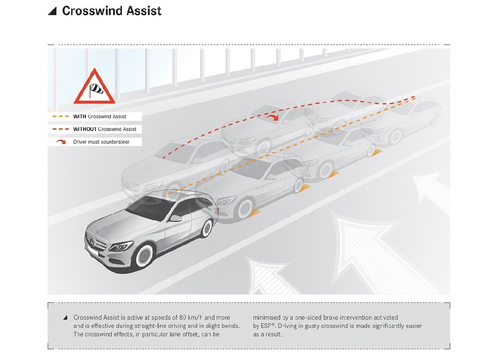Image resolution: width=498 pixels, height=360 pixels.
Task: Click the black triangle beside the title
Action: [x=52, y=11]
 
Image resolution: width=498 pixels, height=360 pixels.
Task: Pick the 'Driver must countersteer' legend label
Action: [x=101, y=142]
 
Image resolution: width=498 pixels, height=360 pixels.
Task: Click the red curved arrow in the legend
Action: [x=61, y=142]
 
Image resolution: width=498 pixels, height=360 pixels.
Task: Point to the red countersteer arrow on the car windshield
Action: [x=272, y=118]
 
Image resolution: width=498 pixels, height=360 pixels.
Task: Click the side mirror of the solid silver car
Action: [x=176, y=218]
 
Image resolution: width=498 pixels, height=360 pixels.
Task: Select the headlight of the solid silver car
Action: [x=120, y=246]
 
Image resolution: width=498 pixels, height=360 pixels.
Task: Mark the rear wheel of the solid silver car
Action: [x=206, y=229]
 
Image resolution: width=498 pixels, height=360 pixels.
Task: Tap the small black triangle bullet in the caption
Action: [x=65, y=318]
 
